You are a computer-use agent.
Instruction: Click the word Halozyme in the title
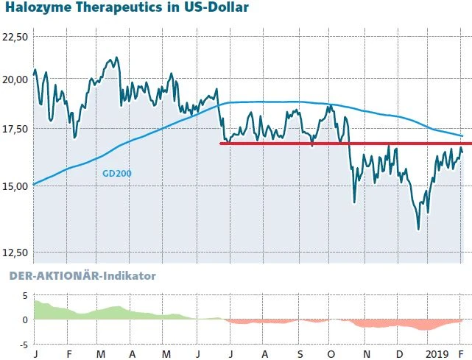click(36, 9)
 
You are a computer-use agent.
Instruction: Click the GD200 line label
click(116, 174)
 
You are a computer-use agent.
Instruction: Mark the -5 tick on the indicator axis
click(22, 344)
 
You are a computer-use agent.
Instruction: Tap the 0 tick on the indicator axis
click(24, 320)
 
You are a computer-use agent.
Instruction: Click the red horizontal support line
click(346, 144)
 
